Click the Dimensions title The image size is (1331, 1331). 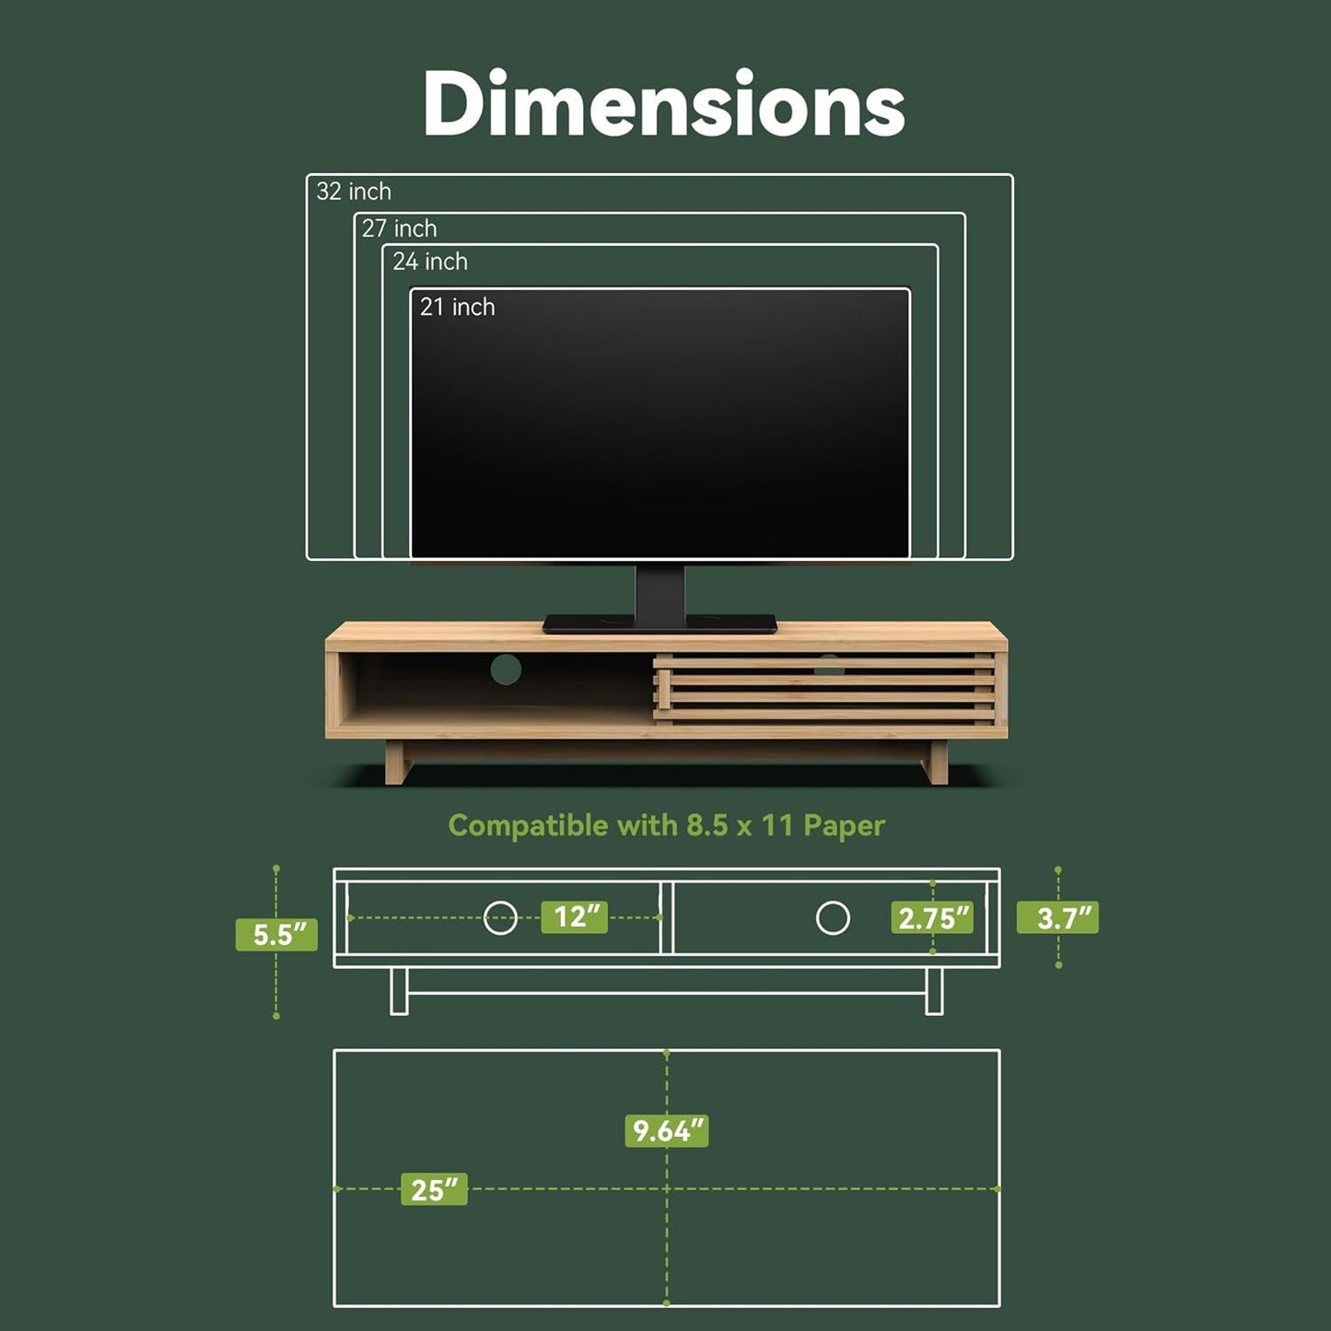tap(663, 104)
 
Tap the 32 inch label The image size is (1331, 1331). tap(354, 192)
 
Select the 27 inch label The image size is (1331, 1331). tap(399, 228)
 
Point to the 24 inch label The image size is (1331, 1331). tap(429, 262)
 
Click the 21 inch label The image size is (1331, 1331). tap(457, 307)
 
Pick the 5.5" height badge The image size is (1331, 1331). tap(276, 934)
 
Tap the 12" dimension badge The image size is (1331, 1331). tap(575, 917)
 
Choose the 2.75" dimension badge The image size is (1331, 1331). tap(932, 917)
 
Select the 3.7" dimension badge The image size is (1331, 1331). tap(1057, 917)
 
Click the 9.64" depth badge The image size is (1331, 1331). tap(666, 1130)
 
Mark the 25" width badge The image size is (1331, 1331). tap(434, 1189)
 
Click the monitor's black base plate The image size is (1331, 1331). tap(660, 625)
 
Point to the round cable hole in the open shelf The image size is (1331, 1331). tap(506, 670)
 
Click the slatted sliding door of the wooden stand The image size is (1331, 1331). tap(825, 689)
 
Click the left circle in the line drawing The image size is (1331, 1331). tap(500, 917)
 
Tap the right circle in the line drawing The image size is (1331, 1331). tap(833, 917)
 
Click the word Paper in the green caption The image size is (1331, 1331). tap(844, 825)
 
